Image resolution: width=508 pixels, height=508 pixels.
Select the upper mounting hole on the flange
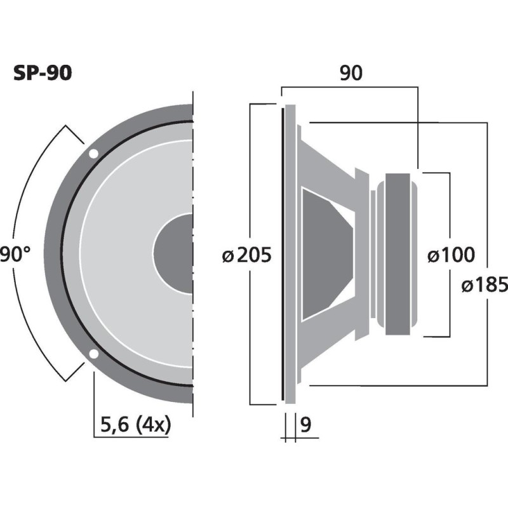tap(93, 154)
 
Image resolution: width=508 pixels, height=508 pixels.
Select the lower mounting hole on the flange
tap(93, 354)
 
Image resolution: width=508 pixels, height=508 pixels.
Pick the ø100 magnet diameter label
tap(450, 255)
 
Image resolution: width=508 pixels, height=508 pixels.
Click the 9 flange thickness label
tap(306, 424)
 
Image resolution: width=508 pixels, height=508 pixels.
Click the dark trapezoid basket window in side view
tap(324, 254)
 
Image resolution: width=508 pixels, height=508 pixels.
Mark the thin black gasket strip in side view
tap(281, 254)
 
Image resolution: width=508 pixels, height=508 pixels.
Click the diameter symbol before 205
tap(227, 256)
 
